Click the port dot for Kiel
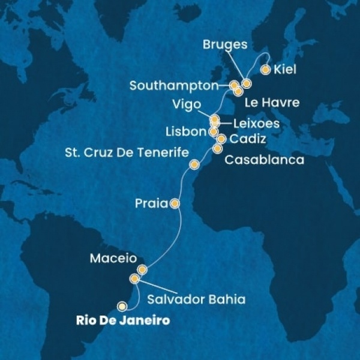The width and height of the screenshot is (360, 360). coord(265,70)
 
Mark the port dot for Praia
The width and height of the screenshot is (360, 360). coord(175,203)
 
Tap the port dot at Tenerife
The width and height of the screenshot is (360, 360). coord(194,164)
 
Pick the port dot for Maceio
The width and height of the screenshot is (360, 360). coord(142,269)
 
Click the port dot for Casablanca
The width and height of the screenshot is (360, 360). coord(217,148)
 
